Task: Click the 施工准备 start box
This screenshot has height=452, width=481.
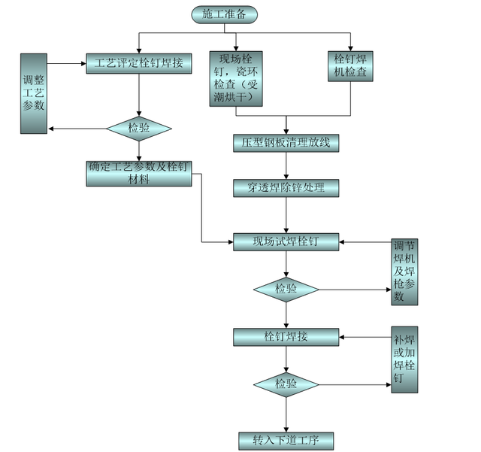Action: point(223,14)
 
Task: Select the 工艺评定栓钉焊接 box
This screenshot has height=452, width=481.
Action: point(139,62)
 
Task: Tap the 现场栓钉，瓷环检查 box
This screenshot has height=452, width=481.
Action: point(237,79)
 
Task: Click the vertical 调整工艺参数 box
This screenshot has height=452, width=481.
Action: point(34,94)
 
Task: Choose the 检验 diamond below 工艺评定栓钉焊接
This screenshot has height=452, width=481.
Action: point(139,128)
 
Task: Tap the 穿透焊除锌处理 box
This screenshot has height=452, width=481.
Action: point(286,187)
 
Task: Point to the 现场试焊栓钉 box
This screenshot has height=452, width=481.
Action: point(286,241)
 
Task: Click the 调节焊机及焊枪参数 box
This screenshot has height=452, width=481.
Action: point(405,272)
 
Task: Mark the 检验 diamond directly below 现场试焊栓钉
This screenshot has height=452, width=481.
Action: point(286,288)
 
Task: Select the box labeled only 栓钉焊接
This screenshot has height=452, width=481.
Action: point(286,337)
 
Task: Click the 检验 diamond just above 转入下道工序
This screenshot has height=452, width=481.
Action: point(286,384)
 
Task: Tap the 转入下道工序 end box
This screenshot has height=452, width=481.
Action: point(286,440)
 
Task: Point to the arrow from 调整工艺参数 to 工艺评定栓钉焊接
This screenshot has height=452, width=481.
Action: point(66,62)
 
